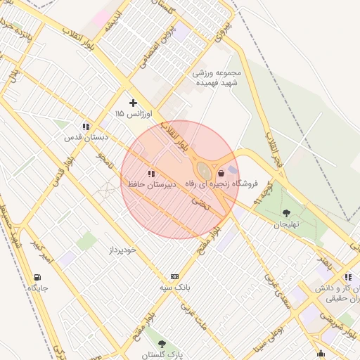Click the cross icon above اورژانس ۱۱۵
tap(133, 103)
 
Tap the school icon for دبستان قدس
tap(86, 127)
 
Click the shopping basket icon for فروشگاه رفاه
tap(221, 173)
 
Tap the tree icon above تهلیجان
tap(286, 213)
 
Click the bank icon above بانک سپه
tap(174, 277)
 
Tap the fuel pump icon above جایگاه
tap(37, 277)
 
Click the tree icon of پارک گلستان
tap(162, 344)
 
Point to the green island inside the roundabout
tap(204, 171)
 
